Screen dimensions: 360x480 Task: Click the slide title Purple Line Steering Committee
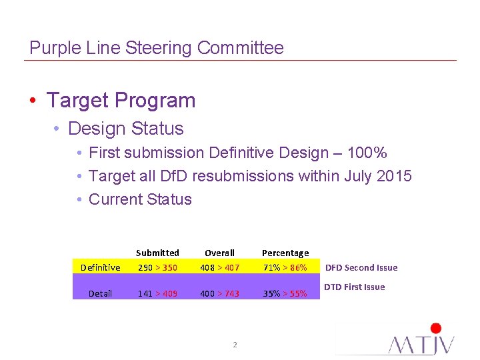[157, 48]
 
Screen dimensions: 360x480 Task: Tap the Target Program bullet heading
[121, 101]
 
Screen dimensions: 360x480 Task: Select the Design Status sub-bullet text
[125, 128]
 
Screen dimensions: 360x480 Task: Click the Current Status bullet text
[140, 199]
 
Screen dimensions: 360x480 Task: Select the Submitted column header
[157, 253]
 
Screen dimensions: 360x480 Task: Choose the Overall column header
[219, 253]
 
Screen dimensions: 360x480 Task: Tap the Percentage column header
[285, 253]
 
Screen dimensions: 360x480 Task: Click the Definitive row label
[100, 267]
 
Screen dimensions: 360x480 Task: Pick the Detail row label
[100, 293]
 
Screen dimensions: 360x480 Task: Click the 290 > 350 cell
[157, 267]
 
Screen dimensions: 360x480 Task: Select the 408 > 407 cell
[219, 267]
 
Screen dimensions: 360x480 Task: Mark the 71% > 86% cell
[285, 267]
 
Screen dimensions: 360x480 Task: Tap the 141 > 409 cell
[157, 293]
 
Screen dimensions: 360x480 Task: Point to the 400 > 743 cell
[219, 293]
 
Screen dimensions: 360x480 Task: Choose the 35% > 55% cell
[285, 293]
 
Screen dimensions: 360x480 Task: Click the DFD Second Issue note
[361, 267]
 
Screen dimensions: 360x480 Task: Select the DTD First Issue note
[354, 287]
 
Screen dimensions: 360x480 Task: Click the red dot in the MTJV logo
[436, 328]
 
